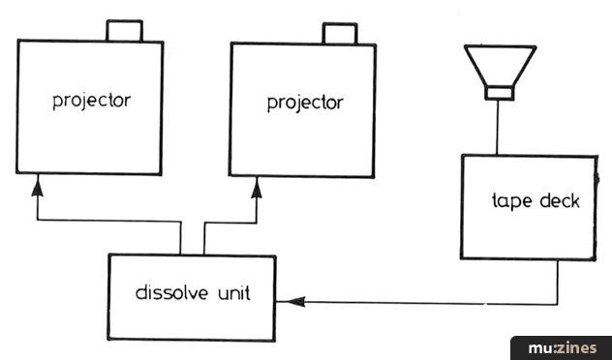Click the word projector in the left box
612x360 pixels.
coord(92,101)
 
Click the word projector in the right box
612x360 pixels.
coord(305,104)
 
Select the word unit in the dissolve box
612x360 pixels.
coord(232,293)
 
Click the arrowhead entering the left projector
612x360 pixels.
coord(38,188)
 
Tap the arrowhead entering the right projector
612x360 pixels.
coord(257,190)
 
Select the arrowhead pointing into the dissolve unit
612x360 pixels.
coord(296,302)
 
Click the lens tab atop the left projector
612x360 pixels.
coord(125,30)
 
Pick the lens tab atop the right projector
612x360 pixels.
coord(340,33)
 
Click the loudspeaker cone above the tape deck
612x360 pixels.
coord(500,66)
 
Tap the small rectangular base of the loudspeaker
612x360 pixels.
coord(500,93)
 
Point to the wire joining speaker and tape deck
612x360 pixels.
coord(498,128)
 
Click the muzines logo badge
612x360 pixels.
coord(562,348)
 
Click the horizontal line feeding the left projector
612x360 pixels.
coord(108,222)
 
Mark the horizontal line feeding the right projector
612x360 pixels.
coord(230,224)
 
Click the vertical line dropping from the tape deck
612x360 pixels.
coord(557,282)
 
